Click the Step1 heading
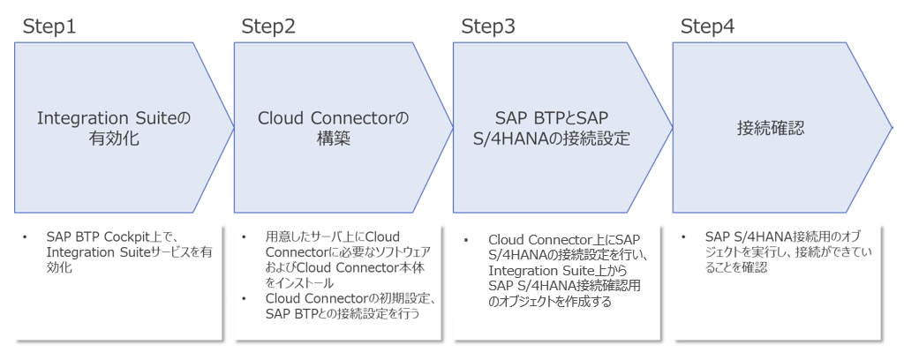[49, 26]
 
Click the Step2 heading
[268, 26]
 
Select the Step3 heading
[488, 26]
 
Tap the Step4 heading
[707, 26]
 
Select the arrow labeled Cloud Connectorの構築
[333, 129]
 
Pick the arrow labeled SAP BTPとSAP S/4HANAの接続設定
[553, 129]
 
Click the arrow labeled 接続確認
[772, 129]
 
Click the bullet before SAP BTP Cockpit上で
[26, 236]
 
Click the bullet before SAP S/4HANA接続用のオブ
[685, 236]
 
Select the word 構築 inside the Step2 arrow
[333, 139]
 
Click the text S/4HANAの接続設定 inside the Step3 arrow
[553, 139]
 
